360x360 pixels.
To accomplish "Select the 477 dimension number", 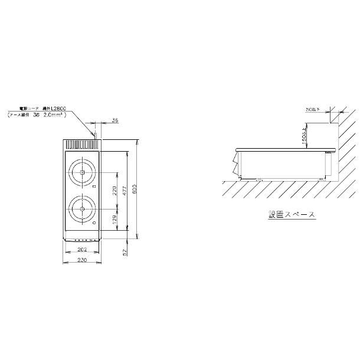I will click(125, 191).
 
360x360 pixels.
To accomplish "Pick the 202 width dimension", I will click(81, 250).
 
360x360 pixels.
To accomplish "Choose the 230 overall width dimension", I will click(81, 261).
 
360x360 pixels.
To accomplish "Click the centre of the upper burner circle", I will click(81, 172).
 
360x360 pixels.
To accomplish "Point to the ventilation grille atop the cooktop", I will click(81, 144).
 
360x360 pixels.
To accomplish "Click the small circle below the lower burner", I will click(93, 224).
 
